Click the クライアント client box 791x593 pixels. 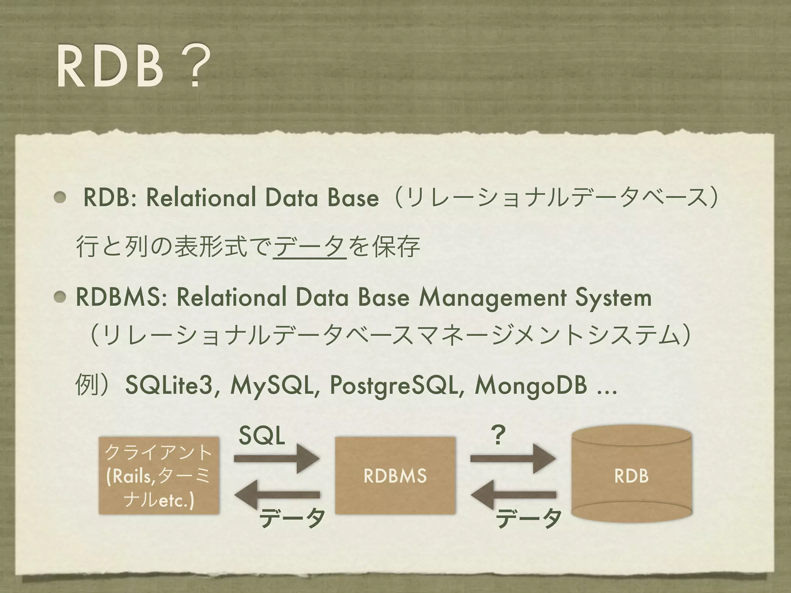[x=159, y=476]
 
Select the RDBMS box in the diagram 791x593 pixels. [x=395, y=476]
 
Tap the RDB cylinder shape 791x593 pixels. [x=631, y=476]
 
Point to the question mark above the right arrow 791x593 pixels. [x=498, y=435]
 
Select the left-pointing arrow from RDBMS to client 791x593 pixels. [x=277, y=495]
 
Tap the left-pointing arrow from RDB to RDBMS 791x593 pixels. [x=513, y=495]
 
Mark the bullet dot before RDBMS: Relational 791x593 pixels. [x=60, y=298]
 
